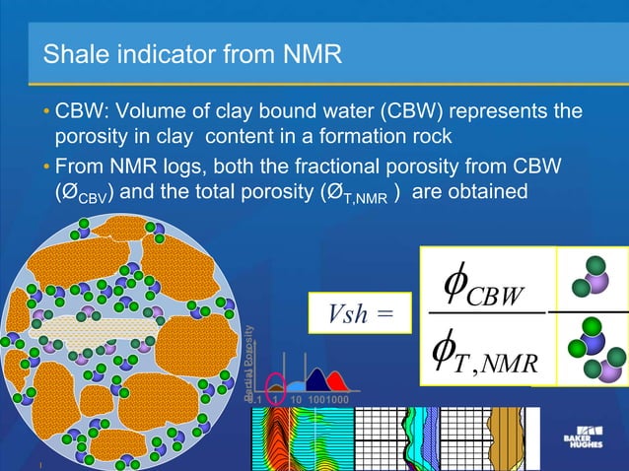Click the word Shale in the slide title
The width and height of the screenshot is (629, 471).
(73, 54)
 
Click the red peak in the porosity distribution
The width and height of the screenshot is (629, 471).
(335, 382)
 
